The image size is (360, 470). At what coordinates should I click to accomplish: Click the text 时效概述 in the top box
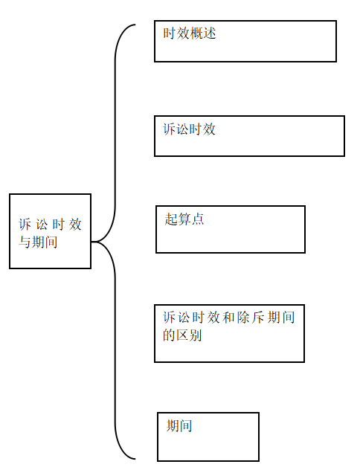pyautogui.click(x=190, y=33)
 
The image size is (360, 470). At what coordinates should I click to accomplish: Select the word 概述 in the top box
pyautogui.click(x=203, y=33)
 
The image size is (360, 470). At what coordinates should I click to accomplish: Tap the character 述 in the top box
pyautogui.click(x=210, y=33)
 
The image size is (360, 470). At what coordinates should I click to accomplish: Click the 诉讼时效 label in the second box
pyautogui.click(x=189, y=129)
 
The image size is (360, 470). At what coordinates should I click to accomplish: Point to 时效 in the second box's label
pyautogui.click(x=202, y=129)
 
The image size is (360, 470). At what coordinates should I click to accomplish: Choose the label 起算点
pyautogui.click(x=184, y=219)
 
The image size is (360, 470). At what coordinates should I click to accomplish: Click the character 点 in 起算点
pyautogui.click(x=198, y=219)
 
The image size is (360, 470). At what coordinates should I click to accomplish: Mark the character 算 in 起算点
pyautogui.click(x=184, y=219)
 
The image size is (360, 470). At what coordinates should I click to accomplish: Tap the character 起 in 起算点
pyautogui.click(x=171, y=219)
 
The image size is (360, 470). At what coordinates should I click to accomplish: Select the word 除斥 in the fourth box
pyautogui.click(x=251, y=318)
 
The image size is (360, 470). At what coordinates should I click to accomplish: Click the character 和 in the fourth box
pyautogui.click(x=228, y=318)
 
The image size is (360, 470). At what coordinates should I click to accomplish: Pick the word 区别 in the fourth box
pyautogui.click(x=189, y=335)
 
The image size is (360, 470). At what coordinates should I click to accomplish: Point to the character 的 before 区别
pyautogui.click(x=169, y=335)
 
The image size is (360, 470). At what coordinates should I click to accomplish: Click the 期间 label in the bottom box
pyautogui.click(x=179, y=425)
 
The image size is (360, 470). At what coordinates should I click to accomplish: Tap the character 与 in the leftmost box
pyautogui.click(x=25, y=242)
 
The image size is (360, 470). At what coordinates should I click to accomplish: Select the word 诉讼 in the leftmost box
pyautogui.click(x=33, y=225)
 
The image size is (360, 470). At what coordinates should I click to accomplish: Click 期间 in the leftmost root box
pyautogui.click(x=45, y=242)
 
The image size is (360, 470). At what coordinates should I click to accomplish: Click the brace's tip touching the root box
pyautogui.click(x=91, y=241)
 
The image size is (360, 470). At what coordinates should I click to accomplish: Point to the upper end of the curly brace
pyautogui.click(x=135, y=25)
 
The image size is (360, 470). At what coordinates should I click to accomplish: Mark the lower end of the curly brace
pyautogui.click(x=135, y=458)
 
